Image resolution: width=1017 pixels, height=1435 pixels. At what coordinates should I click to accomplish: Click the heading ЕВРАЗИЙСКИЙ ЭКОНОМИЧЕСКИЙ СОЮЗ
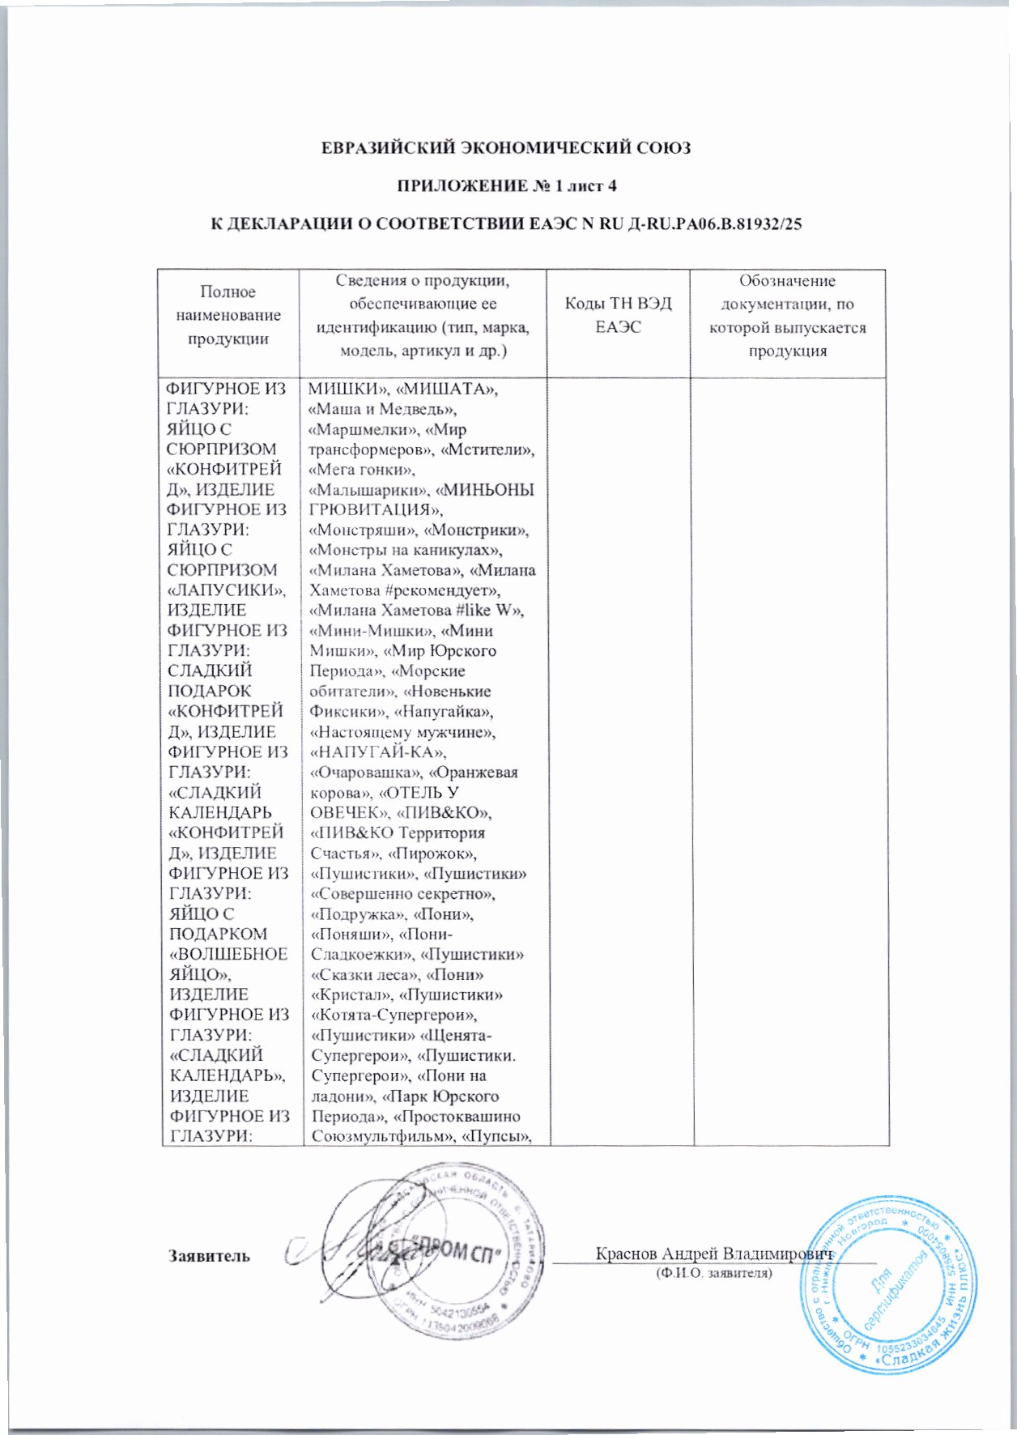click(x=506, y=148)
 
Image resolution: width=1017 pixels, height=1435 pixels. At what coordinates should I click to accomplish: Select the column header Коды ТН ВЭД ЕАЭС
click(x=618, y=315)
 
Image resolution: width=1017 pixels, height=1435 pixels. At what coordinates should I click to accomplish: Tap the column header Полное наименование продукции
click(x=229, y=315)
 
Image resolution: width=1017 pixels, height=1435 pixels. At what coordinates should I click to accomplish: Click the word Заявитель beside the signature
click(x=209, y=1256)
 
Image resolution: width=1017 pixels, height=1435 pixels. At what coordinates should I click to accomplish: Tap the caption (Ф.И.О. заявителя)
click(x=713, y=1274)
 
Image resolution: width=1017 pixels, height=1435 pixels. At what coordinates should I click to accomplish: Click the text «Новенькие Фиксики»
click(x=402, y=701)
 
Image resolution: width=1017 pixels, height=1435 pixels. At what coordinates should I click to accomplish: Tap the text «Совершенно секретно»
click(x=403, y=893)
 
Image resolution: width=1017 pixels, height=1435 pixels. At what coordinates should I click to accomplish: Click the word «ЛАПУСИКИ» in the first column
click(x=226, y=590)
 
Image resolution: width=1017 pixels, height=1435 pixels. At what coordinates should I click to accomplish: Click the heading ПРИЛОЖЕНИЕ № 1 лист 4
click(x=506, y=186)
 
